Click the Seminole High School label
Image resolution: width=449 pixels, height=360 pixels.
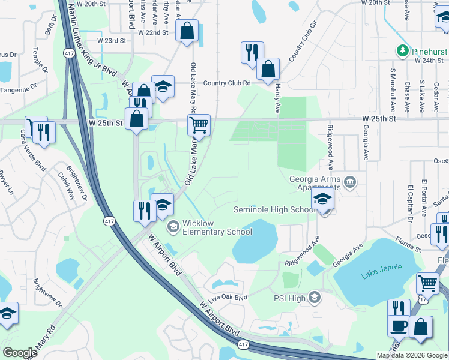pyautogui.click(x=274, y=209)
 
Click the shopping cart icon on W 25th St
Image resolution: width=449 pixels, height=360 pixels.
pyautogui.click(x=199, y=125)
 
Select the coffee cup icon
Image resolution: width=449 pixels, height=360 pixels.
pyautogui.click(x=399, y=326)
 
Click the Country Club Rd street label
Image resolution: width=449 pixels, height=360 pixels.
pyautogui.click(x=226, y=83)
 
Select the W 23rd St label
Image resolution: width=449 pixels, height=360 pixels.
pyautogui.click(x=112, y=41)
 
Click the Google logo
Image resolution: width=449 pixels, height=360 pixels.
pyautogui.click(x=20, y=353)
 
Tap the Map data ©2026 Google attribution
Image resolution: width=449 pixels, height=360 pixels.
pyautogui.click(x=412, y=355)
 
